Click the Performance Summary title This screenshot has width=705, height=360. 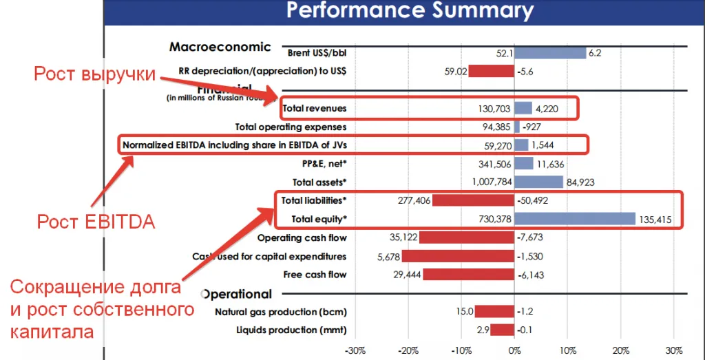[410, 10]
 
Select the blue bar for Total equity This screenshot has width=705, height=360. [574, 219]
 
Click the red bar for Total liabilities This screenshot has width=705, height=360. [472, 200]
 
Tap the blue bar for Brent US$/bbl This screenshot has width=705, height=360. [549, 52]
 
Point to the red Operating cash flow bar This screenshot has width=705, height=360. [466, 237]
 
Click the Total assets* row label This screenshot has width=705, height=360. [319, 182]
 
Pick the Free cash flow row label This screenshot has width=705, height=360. [315, 275]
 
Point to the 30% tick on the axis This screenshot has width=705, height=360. [673, 350]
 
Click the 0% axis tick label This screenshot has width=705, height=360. [514, 350]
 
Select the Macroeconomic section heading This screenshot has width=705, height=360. [220, 47]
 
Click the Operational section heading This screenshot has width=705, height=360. [235, 294]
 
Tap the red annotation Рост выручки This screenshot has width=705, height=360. [95, 74]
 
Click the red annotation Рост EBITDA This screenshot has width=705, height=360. [96, 222]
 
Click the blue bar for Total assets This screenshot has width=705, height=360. [538, 182]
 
